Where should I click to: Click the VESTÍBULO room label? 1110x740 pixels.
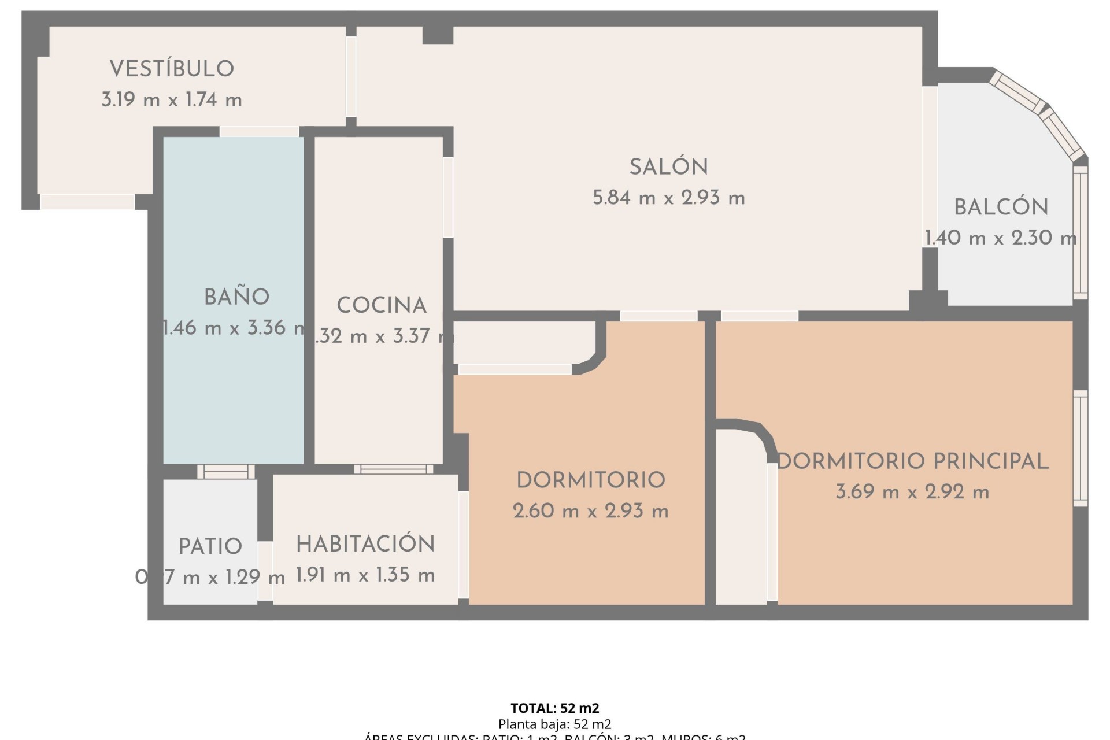[172, 69]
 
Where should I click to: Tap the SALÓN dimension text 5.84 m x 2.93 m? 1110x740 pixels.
[668, 198]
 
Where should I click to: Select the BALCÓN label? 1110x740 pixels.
[1001, 208]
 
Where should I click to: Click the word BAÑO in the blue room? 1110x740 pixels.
[236, 297]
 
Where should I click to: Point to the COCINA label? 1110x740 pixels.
[382, 306]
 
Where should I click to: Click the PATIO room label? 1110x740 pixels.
[210, 546]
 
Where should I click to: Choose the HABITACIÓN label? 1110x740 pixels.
[365, 544]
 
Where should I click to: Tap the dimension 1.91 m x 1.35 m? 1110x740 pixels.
[365, 575]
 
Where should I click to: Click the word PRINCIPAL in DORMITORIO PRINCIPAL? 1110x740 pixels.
[990, 461]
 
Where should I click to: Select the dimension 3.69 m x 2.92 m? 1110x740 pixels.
[912, 492]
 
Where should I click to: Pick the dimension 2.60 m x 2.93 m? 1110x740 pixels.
[590, 511]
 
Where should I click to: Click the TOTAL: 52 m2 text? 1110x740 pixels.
[554, 708]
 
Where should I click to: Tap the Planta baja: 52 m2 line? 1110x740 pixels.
[554, 724]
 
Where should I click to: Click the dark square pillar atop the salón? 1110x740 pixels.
[438, 35]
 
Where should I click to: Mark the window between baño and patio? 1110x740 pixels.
[226, 472]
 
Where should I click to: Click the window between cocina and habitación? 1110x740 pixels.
[394, 469]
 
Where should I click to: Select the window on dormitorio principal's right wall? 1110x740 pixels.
[1080, 448]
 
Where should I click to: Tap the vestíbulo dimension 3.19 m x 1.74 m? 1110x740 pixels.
[172, 100]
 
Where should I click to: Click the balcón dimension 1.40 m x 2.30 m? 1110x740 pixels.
[1000, 238]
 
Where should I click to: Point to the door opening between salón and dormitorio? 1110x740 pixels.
[658, 316]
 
